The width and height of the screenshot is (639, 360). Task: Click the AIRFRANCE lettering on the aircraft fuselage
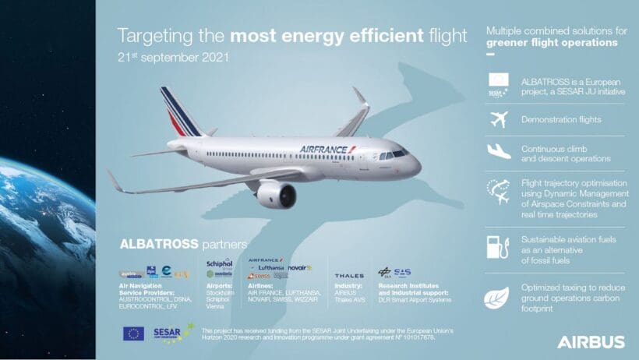[x=327, y=148]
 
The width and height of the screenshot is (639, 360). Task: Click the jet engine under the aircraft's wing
[x=276, y=194]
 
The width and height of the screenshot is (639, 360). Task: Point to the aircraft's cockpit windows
[x=393, y=154]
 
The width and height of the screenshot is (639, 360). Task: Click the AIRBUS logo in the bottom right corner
[x=590, y=341]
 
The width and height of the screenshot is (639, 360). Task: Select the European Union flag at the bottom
[x=133, y=333]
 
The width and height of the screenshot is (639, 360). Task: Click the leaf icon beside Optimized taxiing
[x=497, y=298]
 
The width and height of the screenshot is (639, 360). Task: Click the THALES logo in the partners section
[x=348, y=275]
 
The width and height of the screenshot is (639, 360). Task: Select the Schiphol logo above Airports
[x=219, y=263]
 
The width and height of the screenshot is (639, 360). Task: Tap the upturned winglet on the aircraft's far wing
[x=359, y=97]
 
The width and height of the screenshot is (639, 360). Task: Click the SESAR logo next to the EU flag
[x=172, y=333]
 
